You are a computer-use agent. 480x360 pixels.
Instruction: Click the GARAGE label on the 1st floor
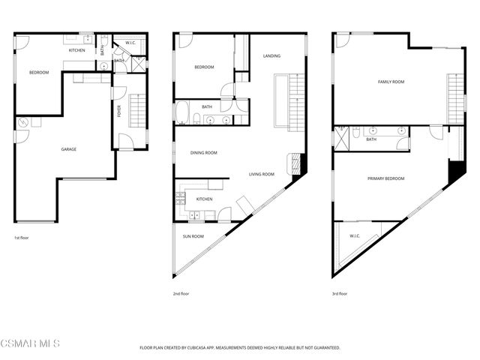tap(69, 149)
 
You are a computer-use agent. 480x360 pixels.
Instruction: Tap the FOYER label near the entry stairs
tap(118, 111)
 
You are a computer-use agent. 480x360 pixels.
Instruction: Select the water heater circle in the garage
tap(24, 122)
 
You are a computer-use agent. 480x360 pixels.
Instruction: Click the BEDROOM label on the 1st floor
tap(39, 73)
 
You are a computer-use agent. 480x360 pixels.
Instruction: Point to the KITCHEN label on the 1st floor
tap(77, 50)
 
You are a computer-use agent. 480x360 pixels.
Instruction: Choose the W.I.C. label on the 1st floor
tap(130, 43)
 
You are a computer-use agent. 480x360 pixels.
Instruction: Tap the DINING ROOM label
tap(204, 153)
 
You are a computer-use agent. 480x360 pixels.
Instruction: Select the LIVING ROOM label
tap(262, 175)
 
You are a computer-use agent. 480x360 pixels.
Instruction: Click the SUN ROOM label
tap(193, 236)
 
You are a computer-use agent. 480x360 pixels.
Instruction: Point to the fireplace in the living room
tap(298, 163)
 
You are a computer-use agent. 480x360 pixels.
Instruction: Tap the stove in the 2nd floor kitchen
tap(180, 199)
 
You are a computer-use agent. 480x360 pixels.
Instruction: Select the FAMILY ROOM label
tap(391, 81)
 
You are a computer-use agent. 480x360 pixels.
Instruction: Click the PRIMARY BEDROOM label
tap(386, 178)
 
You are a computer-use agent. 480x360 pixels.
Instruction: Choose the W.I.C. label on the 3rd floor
tap(355, 236)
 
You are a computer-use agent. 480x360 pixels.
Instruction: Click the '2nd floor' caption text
tap(181, 294)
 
